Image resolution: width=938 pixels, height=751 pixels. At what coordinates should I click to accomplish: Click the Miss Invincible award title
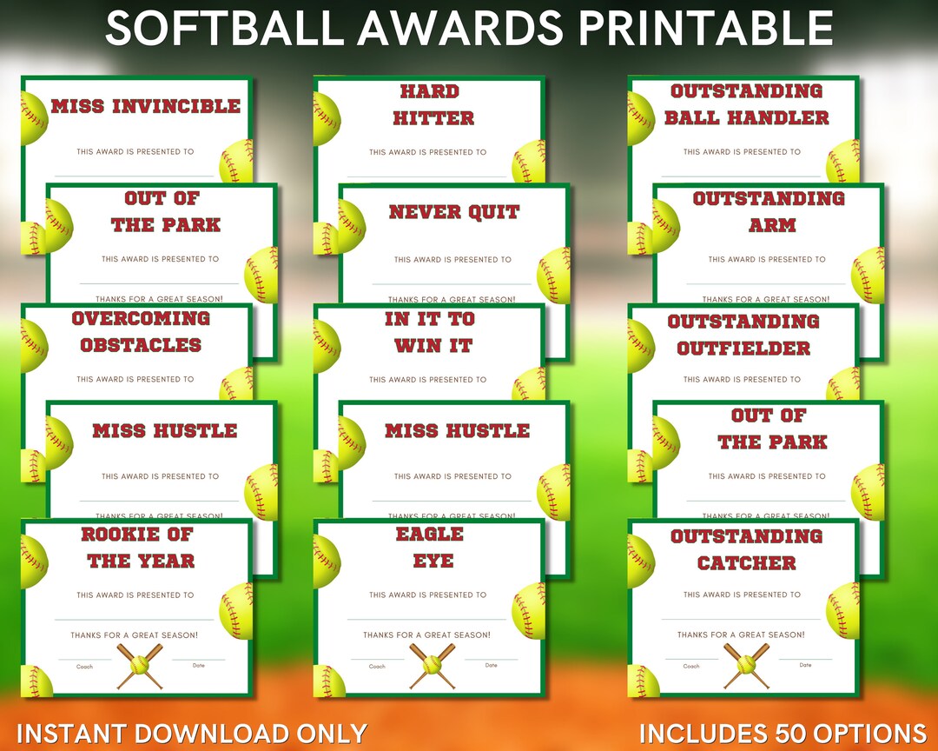(145, 107)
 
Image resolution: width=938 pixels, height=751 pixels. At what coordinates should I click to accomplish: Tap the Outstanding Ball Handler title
(747, 104)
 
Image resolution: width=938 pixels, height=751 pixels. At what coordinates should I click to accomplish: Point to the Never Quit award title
(454, 212)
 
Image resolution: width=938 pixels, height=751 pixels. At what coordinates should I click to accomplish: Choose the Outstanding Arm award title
(770, 211)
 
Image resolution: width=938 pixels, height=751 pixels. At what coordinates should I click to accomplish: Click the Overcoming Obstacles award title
(141, 331)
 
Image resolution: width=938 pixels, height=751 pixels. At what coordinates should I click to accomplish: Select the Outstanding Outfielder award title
(743, 335)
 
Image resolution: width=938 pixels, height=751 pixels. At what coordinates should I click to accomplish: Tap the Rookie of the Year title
(139, 548)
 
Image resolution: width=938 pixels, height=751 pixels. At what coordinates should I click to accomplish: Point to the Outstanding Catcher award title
(746, 549)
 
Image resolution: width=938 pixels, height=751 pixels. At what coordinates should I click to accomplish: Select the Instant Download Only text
(191, 733)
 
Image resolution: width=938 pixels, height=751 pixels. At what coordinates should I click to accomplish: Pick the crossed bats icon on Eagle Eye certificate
(432, 667)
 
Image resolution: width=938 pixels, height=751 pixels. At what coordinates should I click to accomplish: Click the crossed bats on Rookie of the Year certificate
(139, 667)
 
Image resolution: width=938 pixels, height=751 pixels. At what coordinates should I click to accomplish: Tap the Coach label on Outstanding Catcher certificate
(691, 667)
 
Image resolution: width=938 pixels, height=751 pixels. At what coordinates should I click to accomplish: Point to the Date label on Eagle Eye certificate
(492, 666)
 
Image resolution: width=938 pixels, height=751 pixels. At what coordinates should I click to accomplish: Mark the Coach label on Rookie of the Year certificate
(84, 667)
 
